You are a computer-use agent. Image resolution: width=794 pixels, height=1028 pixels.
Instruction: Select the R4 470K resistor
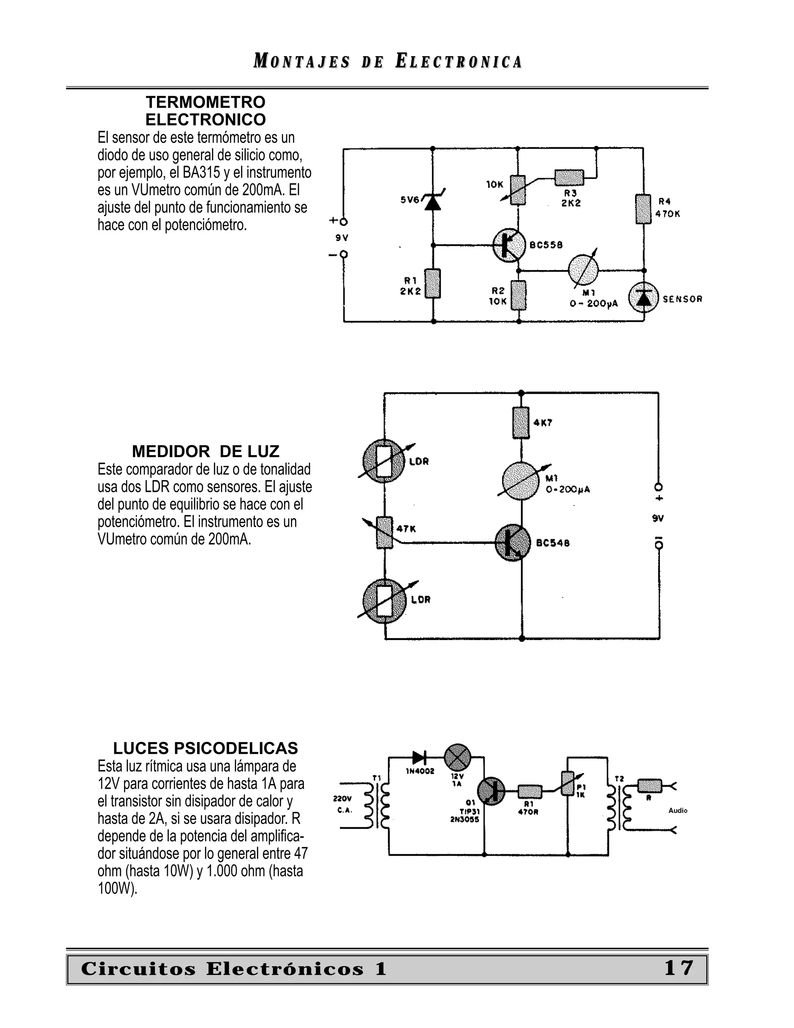coord(643,209)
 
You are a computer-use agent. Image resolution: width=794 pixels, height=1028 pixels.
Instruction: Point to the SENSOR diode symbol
coord(644,298)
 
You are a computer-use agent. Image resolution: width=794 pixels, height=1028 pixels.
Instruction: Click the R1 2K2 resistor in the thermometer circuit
coord(433,283)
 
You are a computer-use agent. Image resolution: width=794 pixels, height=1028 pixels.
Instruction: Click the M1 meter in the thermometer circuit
coord(583,271)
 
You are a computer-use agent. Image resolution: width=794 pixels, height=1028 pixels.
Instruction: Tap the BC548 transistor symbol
coord(512,543)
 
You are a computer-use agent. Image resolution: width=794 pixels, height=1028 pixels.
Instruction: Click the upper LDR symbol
coord(384,461)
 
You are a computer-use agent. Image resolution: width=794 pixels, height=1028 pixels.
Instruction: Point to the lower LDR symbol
coord(384,601)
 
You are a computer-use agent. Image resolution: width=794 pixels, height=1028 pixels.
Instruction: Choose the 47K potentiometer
coord(384,532)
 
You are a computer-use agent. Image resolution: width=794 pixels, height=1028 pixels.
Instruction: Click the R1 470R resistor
coord(530,792)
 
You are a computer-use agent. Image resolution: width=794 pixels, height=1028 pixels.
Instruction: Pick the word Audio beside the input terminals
coord(678,810)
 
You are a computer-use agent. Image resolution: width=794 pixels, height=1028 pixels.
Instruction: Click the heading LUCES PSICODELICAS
coord(205,748)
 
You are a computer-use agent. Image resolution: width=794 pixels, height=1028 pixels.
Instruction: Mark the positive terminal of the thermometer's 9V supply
coord(344,221)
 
